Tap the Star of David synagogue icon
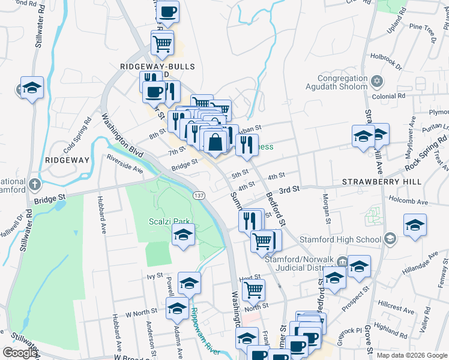(x=377, y=80)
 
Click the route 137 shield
(x=199, y=196)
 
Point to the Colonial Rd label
(x=388, y=96)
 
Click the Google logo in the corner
(x=20, y=353)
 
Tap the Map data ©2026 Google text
(x=412, y=355)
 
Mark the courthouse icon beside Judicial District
(x=342, y=261)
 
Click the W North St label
(x=140, y=312)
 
